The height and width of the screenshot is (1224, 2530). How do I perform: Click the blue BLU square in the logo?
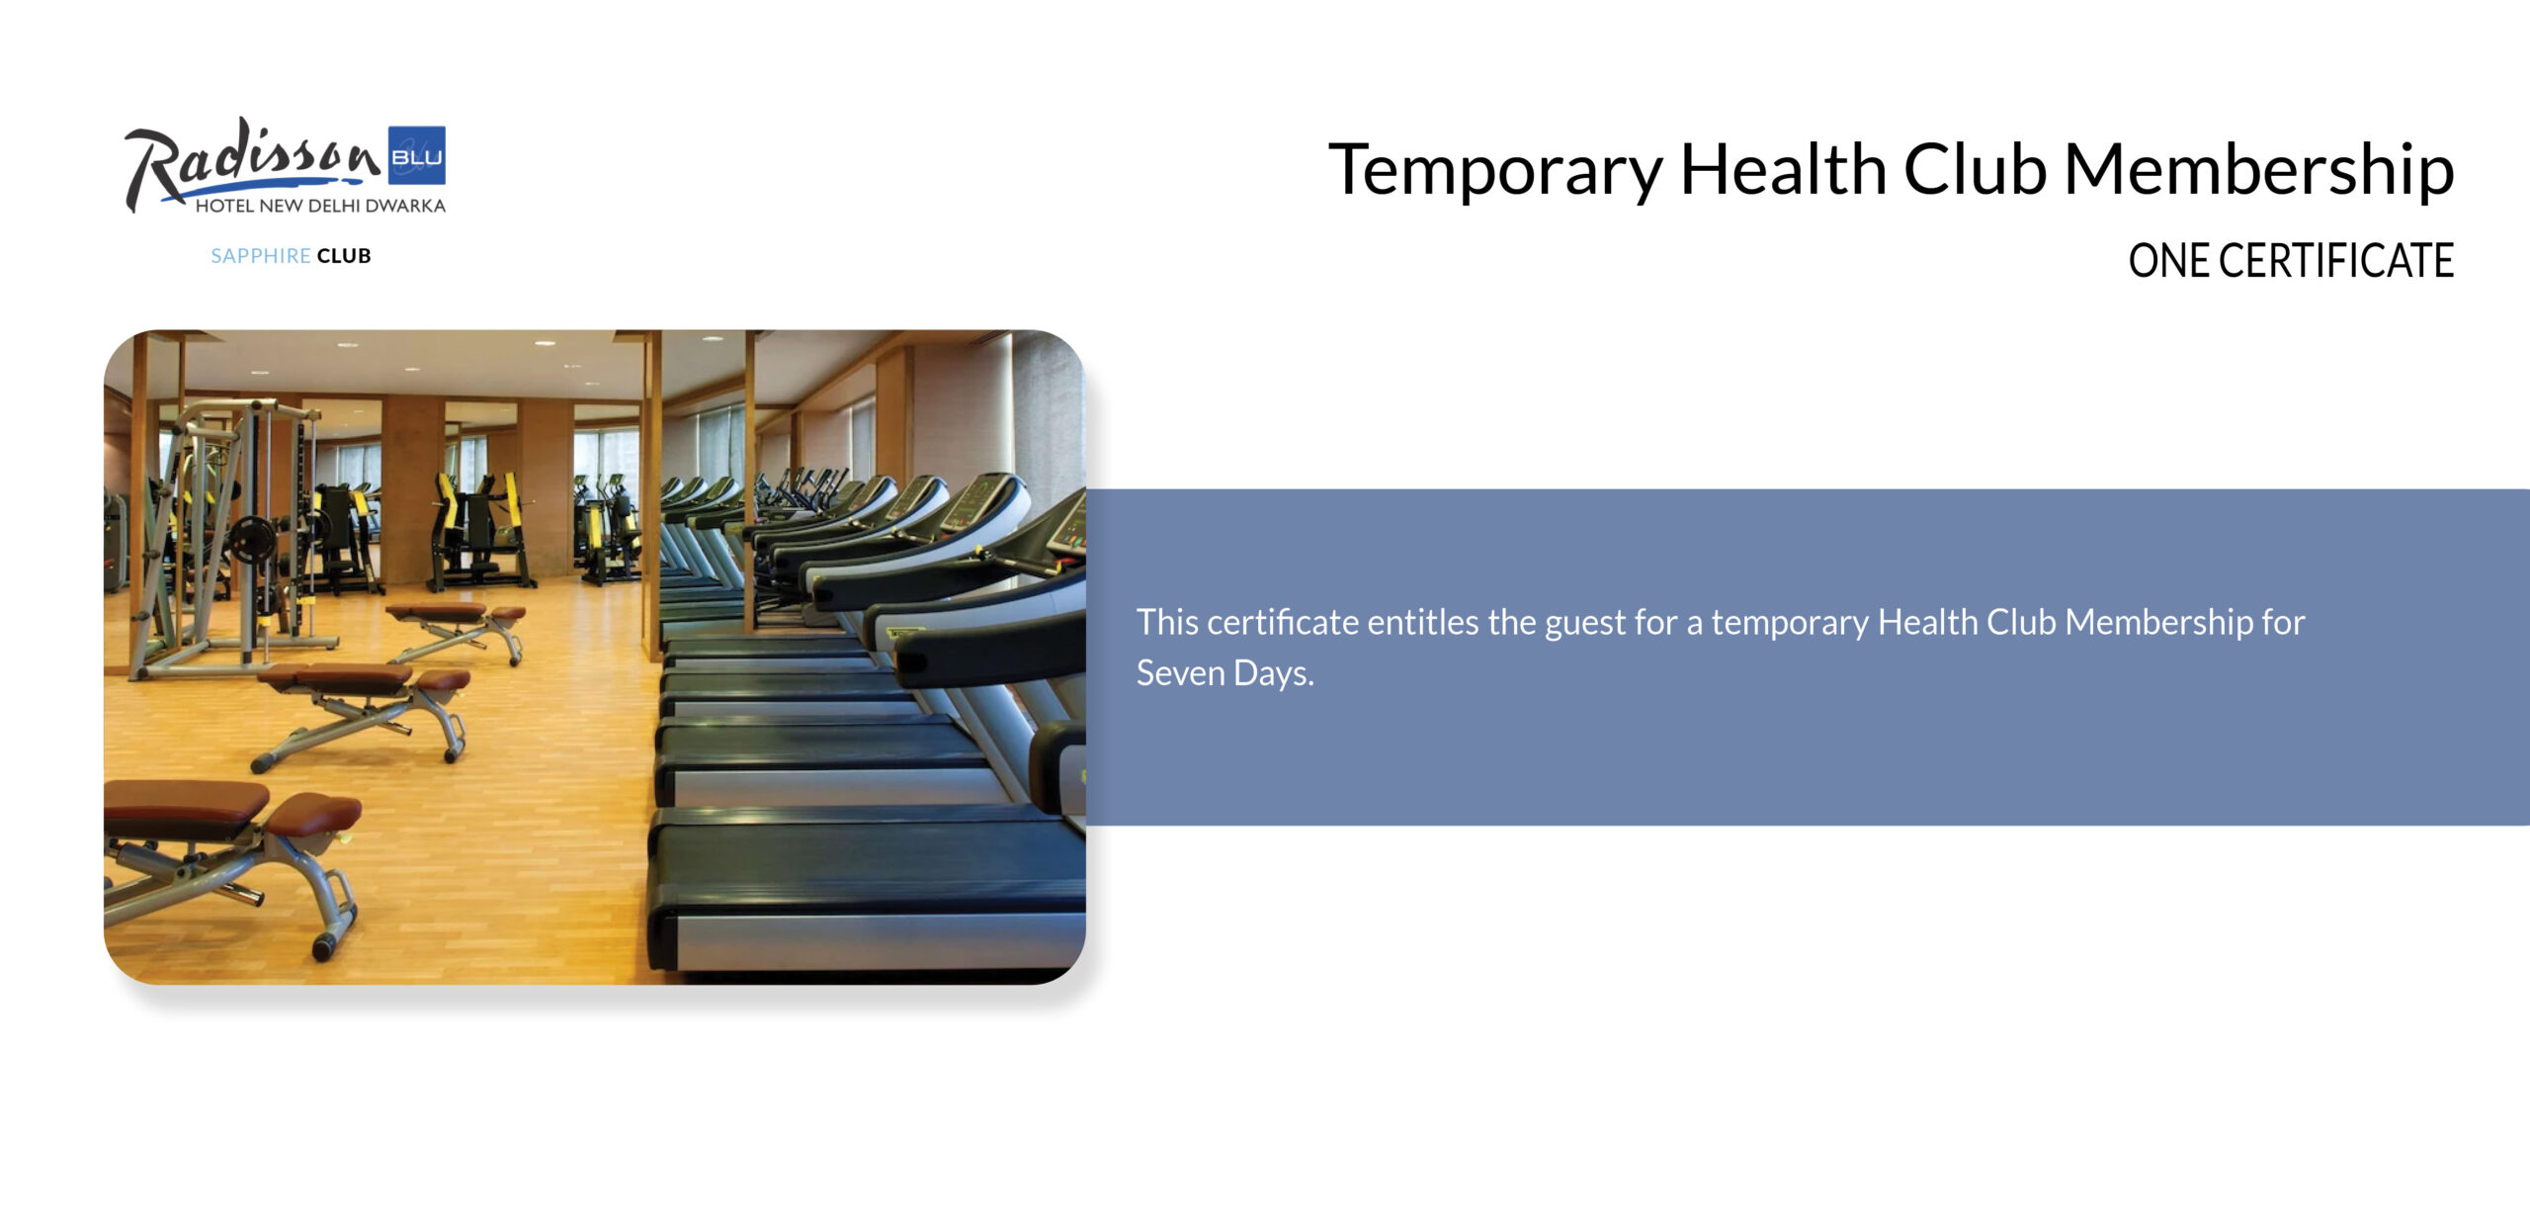[x=416, y=155]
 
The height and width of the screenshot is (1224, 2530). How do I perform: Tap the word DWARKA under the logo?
[x=405, y=206]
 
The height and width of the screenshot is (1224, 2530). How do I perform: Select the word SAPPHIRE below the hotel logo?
[x=261, y=256]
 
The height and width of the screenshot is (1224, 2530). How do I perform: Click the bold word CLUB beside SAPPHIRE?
[x=344, y=256]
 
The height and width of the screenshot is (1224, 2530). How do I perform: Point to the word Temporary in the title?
[x=1496, y=172]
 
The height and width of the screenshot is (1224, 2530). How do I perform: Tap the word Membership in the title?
[x=2259, y=170]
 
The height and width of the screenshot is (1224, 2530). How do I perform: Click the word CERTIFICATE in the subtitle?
[x=2336, y=261]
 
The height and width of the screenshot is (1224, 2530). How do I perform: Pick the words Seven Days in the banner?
[x=1224, y=673]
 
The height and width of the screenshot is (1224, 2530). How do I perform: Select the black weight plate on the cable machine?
[x=251, y=540]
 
